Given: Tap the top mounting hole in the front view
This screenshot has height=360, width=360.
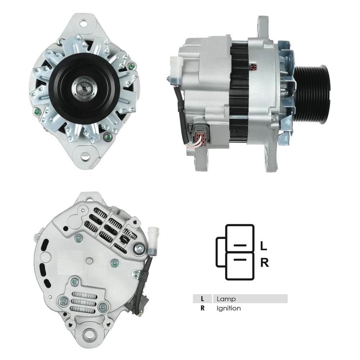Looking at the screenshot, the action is (84, 24).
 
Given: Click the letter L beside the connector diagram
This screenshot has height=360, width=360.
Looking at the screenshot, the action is (264, 246).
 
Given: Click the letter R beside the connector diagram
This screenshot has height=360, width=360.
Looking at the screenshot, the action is (264, 263).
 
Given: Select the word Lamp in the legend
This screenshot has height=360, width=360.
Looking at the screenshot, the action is (226, 299).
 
